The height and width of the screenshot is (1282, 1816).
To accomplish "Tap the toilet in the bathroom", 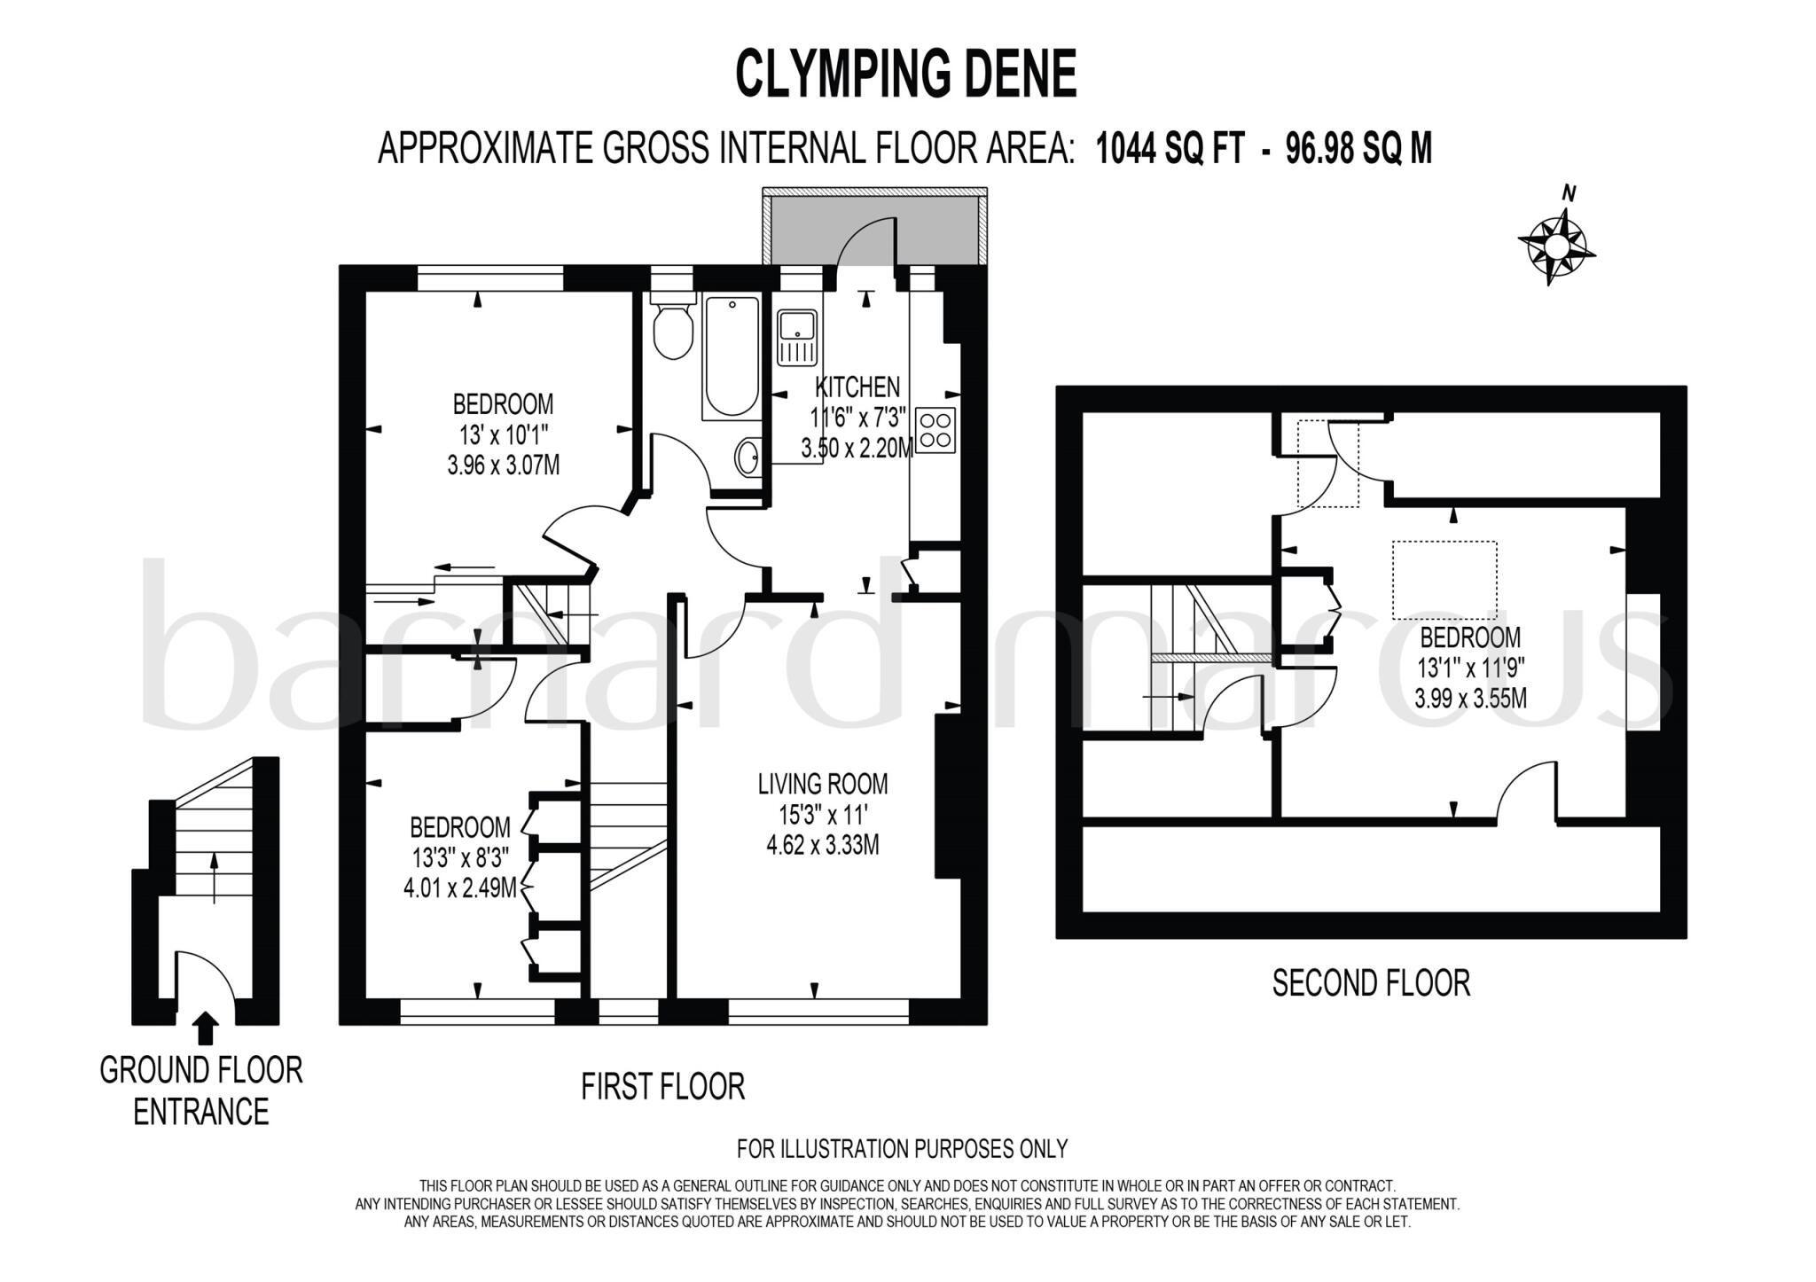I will [673, 330].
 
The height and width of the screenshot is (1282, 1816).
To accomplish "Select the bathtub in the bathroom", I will [732, 356].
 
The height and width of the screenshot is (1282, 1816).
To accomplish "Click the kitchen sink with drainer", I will [796, 338].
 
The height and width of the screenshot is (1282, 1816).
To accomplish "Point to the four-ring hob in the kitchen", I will [935, 430].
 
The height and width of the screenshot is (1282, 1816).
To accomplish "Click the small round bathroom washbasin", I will [747, 458].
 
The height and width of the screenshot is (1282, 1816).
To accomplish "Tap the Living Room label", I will [822, 784].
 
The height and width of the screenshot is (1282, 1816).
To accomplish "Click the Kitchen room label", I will [857, 387].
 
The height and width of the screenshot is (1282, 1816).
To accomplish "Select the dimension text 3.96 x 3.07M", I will [503, 465].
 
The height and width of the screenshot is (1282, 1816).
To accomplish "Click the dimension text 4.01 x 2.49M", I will [459, 887].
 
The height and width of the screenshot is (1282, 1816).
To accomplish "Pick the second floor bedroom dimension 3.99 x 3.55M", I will [1470, 698].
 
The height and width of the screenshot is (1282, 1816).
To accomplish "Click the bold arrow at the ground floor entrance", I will [206, 1028].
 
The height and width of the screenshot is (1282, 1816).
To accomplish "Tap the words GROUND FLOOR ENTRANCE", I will [201, 1091].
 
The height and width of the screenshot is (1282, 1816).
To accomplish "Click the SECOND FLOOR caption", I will [1371, 983].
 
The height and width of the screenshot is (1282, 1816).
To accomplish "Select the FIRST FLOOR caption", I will [662, 1087].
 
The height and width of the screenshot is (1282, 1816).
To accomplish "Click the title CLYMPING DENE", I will [905, 74].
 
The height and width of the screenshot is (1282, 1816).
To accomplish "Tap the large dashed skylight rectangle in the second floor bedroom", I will [1444, 580].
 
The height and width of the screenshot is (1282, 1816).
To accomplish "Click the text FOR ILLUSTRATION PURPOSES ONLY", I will [902, 1149].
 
